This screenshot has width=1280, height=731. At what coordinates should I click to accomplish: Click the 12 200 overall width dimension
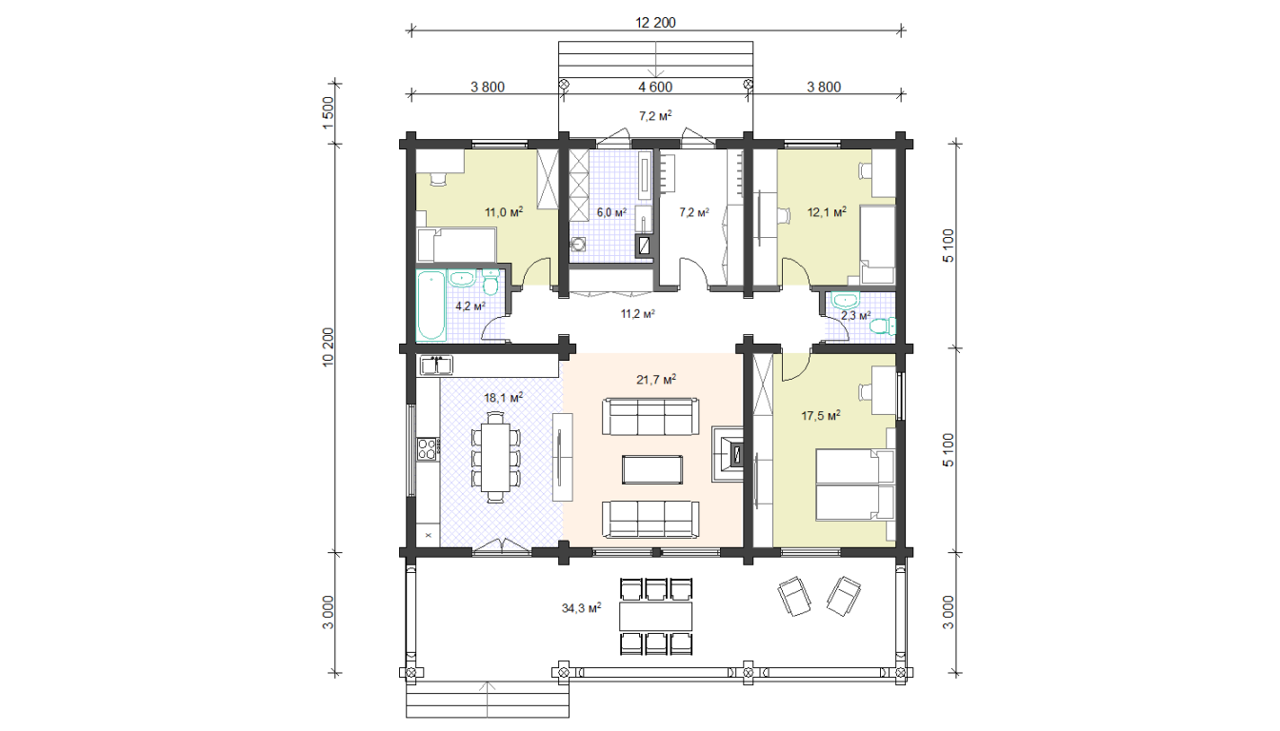(x=655, y=23)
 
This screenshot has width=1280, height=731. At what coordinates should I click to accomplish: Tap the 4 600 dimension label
(x=655, y=88)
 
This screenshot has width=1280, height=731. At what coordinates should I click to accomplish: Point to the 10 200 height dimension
(x=328, y=347)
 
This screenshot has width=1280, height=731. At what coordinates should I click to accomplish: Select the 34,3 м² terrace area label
(x=581, y=608)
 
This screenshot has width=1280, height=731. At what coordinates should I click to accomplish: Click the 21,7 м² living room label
(x=656, y=379)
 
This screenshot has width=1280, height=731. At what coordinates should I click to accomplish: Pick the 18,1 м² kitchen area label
(x=504, y=398)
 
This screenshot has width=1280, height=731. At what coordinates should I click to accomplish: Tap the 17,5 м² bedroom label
(x=821, y=415)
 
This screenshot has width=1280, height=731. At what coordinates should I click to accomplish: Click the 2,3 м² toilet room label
(x=855, y=315)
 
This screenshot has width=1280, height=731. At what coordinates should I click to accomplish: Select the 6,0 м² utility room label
(x=611, y=212)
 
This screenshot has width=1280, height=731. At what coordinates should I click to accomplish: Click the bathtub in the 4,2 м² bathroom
(x=431, y=306)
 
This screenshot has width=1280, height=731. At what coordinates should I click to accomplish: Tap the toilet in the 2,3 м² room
(x=883, y=326)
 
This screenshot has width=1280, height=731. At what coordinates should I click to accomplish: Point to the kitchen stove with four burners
(x=428, y=449)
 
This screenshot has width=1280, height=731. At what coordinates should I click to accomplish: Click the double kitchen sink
(x=436, y=365)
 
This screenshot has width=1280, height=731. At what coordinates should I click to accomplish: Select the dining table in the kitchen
(x=495, y=457)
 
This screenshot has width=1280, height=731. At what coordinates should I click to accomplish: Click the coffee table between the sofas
(x=652, y=469)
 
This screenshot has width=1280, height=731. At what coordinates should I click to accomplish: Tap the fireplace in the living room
(x=728, y=455)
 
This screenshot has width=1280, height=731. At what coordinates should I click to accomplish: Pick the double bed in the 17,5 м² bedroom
(x=855, y=484)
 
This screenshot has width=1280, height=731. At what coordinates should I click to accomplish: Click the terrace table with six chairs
(x=656, y=616)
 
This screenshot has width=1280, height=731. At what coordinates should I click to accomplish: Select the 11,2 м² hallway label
(x=638, y=313)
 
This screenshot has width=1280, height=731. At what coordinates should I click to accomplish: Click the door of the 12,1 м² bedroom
(x=796, y=272)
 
